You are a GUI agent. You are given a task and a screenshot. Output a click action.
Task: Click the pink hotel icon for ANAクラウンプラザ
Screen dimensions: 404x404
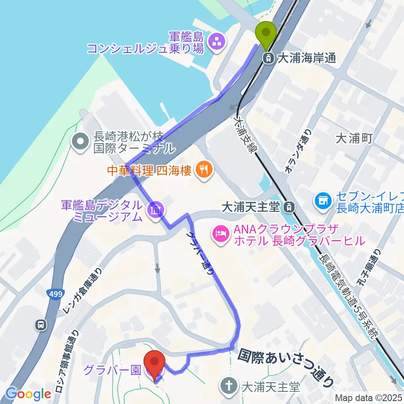[221, 232]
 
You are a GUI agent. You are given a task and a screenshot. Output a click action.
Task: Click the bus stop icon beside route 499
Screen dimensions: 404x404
[41, 324]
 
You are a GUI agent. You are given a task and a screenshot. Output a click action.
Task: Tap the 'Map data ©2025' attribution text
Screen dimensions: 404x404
[368, 398]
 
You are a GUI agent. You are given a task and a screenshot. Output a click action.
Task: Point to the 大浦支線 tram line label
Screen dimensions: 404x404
[246, 135]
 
